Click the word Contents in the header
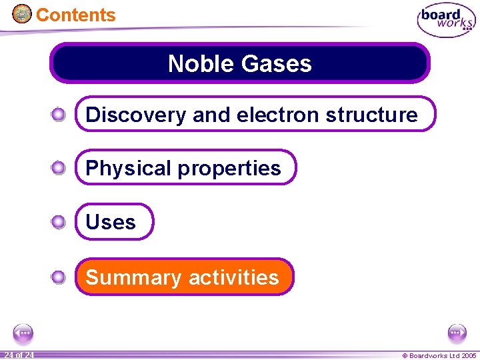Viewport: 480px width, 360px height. pos(75,15)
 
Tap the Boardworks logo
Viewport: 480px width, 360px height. pos(445,20)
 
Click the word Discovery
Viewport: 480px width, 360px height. pos(136,115)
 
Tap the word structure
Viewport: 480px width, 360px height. pos(371,115)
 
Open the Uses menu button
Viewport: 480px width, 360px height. pos(111,222)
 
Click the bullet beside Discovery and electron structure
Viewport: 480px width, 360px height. pos(59,115)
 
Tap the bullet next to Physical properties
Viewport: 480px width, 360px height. pos(59,168)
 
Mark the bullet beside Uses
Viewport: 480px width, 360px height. pos(59,222)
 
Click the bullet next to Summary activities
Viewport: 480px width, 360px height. pos(59,277)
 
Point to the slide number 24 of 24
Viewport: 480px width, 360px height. pos(18,355)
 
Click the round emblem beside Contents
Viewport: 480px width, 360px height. pos(22,13)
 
